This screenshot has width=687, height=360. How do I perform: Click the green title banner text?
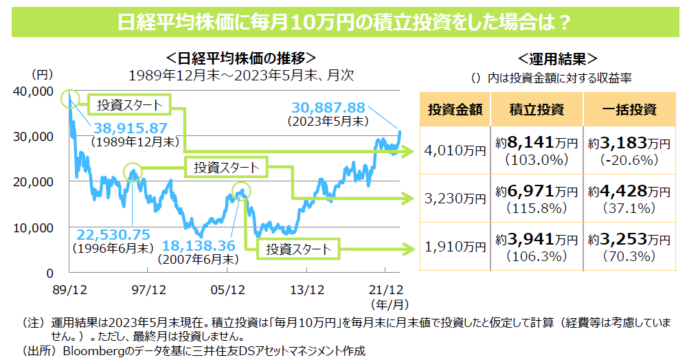click(343, 22)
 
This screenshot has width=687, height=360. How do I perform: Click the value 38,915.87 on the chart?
click(131, 128)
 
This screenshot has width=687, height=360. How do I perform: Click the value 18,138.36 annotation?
click(199, 246)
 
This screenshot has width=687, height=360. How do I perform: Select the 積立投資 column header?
click(537, 109)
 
